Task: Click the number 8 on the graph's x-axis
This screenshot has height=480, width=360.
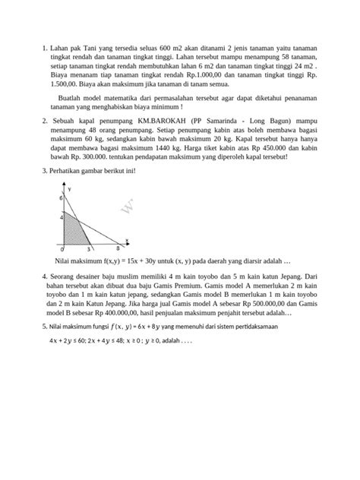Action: (117, 248)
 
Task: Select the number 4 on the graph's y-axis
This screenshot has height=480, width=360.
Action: (64, 217)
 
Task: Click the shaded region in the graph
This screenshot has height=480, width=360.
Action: (74, 232)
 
